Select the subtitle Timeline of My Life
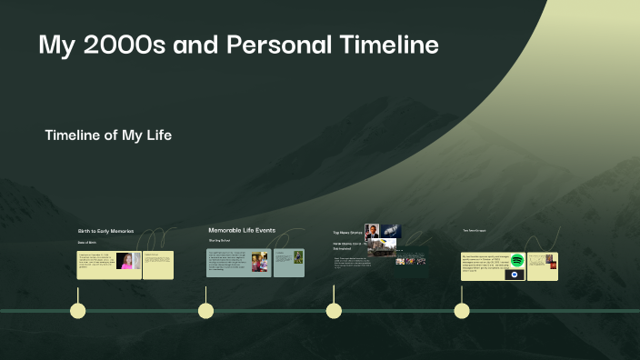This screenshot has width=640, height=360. click(x=108, y=135)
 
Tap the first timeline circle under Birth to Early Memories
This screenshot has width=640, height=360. click(x=78, y=311)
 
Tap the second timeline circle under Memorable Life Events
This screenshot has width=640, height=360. click(x=206, y=311)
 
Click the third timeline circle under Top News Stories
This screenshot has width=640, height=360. click(x=334, y=311)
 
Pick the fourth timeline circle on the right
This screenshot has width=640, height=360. click(x=462, y=311)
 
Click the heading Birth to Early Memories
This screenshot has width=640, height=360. click(x=105, y=232)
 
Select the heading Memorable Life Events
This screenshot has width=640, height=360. click(x=241, y=231)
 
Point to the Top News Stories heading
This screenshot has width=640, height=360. click(x=347, y=233)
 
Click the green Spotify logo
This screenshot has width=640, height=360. click(x=517, y=261)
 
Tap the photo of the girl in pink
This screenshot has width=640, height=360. click(x=127, y=261)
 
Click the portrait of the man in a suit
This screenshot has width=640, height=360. click(x=372, y=231)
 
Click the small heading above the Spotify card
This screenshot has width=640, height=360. click(x=474, y=231)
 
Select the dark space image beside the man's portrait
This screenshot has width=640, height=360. click(x=391, y=231)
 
